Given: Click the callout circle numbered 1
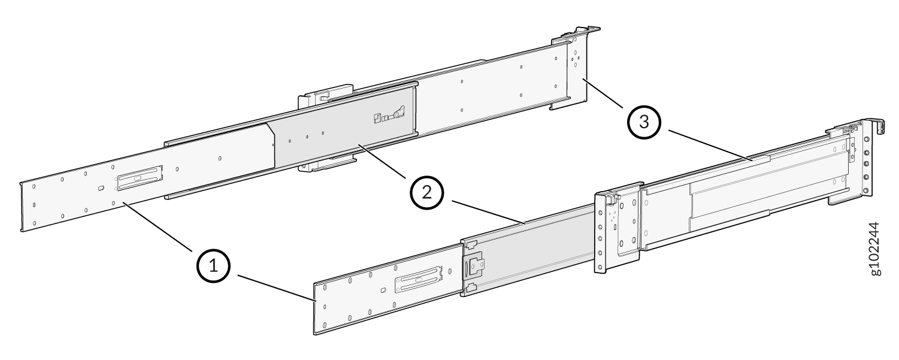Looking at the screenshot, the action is (x=213, y=266).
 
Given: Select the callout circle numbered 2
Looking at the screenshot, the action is (x=427, y=193).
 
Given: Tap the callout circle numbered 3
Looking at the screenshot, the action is (x=644, y=122).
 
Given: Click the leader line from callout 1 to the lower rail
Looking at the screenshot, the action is (x=276, y=288).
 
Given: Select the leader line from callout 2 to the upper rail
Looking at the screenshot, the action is (x=382, y=161).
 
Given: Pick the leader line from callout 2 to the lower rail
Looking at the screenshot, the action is (x=488, y=211).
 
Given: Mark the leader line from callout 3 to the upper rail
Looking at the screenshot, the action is (x=603, y=93).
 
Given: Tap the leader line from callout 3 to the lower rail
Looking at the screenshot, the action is (x=710, y=145).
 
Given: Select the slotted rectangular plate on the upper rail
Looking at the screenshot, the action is (x=140, y=178).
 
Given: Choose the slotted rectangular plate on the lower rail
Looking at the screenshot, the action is (x=419, y=279).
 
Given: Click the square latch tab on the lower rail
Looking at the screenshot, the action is (x=475, y=267).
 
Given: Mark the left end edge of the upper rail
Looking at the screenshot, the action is (x=22, y=207).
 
